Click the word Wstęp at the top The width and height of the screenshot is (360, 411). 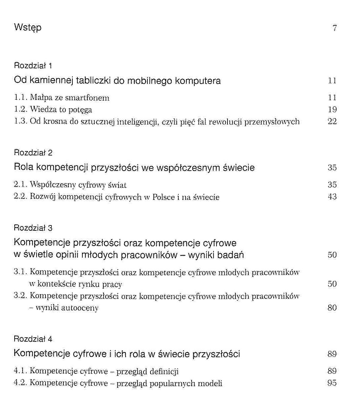[28, 28]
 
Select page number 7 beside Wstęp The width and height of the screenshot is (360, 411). [334, 28]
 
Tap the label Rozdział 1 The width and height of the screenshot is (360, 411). [33, 66]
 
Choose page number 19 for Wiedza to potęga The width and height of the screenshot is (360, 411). [332, 110]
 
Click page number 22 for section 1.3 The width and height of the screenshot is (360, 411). [332, 122]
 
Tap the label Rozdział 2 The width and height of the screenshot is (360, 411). [33, 153]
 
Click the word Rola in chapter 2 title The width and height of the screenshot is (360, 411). [24, 167]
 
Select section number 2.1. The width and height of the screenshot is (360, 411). [20, 185]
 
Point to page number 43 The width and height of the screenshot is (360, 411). [332, 197]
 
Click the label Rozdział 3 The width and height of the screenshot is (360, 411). [33, 228]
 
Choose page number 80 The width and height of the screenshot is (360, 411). [332, 308]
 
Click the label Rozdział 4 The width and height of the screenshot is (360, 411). [33, 339]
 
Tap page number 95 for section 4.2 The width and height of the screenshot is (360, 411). [332, 383]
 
